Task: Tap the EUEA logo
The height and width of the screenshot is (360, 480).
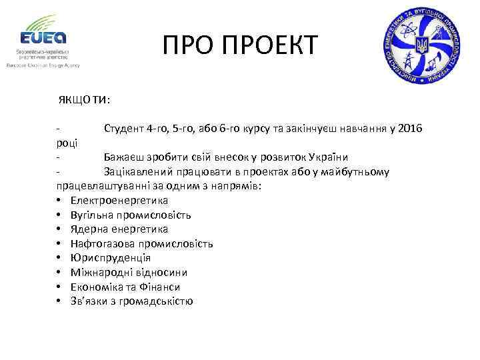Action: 43,35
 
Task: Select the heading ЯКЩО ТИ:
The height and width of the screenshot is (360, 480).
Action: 84,100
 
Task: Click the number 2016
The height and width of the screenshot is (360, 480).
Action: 409,128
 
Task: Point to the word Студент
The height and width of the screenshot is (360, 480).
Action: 125,128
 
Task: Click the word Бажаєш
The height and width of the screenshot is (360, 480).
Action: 124,157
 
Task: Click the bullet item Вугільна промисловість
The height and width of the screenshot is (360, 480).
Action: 131,215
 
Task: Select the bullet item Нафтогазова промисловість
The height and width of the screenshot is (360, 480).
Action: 141,243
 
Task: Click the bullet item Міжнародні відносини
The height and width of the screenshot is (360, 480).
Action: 129,272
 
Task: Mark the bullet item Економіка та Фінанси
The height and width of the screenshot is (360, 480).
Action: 125,287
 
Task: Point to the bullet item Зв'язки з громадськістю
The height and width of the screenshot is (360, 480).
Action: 131,301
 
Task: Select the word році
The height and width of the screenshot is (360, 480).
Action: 67,143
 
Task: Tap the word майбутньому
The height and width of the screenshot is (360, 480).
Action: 357,171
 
